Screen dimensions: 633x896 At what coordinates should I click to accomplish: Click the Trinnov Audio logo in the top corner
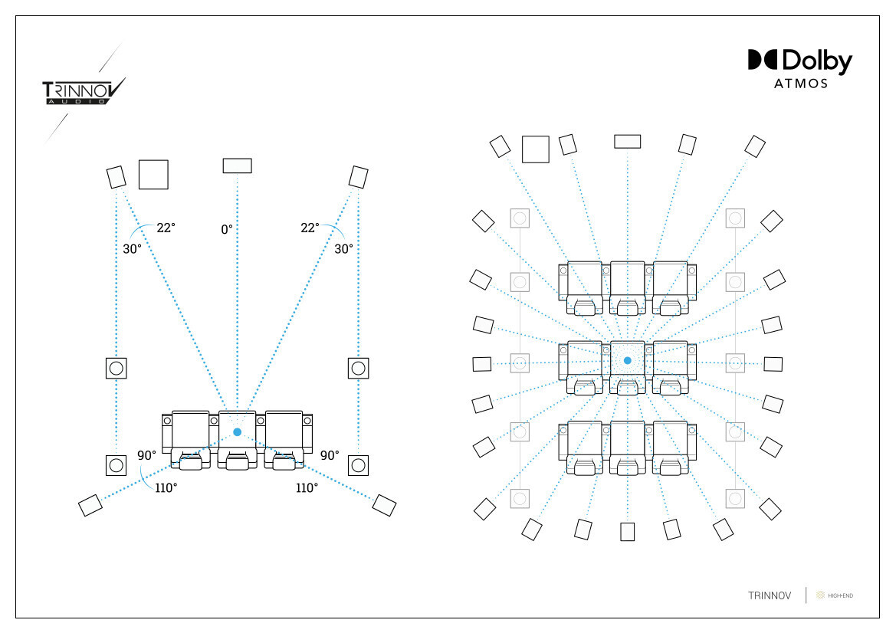pos(83,92)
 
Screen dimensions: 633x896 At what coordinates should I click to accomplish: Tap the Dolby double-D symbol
pos(763,61)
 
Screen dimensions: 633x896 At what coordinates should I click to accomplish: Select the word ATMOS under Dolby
pos(800,84)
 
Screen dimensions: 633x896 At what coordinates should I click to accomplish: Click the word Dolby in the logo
pos(817,61)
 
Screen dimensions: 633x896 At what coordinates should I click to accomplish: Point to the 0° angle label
pos(227,228)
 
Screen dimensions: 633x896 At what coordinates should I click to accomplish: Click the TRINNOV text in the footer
pos(769,595)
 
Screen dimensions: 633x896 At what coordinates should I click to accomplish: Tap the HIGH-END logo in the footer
pos(835,595)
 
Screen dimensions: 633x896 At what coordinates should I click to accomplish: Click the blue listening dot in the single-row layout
pos(237,432)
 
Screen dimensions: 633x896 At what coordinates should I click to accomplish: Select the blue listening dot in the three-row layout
pos(627,360)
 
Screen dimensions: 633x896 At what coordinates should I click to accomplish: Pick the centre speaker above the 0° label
pos(237,166)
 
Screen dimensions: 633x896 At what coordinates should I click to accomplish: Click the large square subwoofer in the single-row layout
pos(153,175)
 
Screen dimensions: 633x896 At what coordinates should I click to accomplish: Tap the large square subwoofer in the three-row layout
pos(535,149)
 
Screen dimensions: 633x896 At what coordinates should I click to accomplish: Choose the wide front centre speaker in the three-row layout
pos(627,141)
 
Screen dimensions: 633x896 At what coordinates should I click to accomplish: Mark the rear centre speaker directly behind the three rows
pos(628,532)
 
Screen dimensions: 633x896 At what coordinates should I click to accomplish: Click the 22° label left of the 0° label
pos(166,228)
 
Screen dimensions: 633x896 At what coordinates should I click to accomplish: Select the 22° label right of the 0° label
pos(310,228)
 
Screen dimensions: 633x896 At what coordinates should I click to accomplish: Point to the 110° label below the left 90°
pos(165,487)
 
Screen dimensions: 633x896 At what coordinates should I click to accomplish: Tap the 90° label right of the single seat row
pos(330,455)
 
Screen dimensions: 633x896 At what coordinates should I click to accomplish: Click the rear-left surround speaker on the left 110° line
pos(90,505)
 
